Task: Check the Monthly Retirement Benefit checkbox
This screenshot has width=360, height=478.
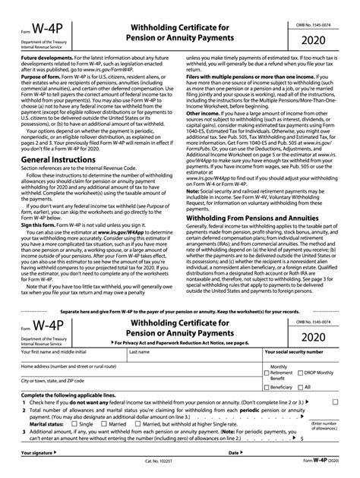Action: [x=268, y=373]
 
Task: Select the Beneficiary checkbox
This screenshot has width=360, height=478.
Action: [x=268, y=387]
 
